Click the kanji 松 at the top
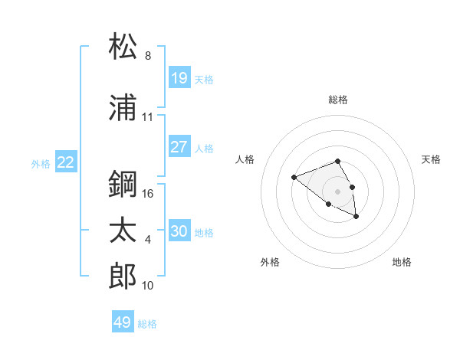pyautogui.click(x=123, y=47)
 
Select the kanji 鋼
pyautogui.click(x=123, y=185)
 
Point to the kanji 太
pyautogui.click(x=123, y=231)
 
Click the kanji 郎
pyautogui.click(x=123, y=277)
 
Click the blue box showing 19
pyautogui.click(x=179, y=78)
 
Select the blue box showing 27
pyautogui.click(x=179, y=147)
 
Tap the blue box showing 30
pyautogui.click(x=179, y=231)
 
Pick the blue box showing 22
pyautogui.click(x=66, y=162)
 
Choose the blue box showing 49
pyautogui.click(x=123, y=322)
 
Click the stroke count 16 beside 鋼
pyautogui.click(x=149, y=194)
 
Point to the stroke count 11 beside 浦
pyautogui.click(x=148, y=117)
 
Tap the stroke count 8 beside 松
pyautogui.click(x=148, y=56)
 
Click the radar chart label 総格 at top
pyautogui.click(x=338, y=100)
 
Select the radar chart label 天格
pyautogui.click(x=432, y=159)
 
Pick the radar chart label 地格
pyautogui.click(x=402, y=263)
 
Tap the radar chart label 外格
pyautogui.click(x=270, y=263)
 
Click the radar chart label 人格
pyautogui.click(x=245, y=159)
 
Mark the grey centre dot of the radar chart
pyautogui.click(x=337, y=191)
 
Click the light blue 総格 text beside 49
pyautogui.click(x=147, y=324)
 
